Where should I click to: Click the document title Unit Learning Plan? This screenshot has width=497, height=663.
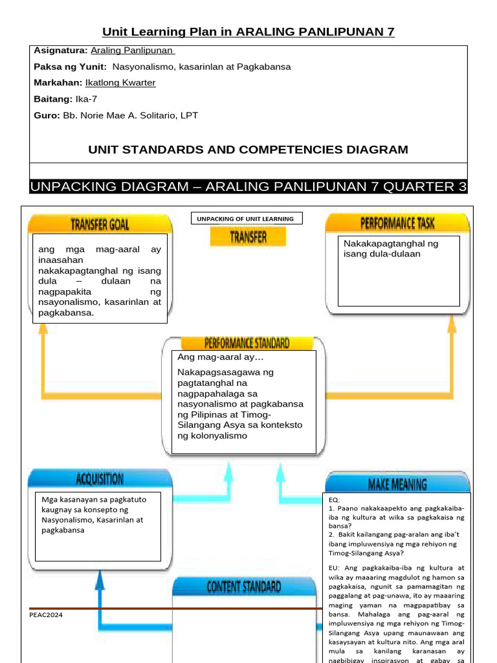(248, 32)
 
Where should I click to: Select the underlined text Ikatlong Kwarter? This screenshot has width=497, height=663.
(120, 83)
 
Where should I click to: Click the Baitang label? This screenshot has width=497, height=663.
(52, 99)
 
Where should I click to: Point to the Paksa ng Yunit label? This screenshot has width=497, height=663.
(71, 67)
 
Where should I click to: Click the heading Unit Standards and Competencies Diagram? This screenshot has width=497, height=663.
(248, 150)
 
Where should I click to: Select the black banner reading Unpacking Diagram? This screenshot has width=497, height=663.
(248, 187)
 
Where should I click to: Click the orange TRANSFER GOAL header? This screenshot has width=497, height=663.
(100, 225)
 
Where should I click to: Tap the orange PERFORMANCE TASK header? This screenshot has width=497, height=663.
(397, 224)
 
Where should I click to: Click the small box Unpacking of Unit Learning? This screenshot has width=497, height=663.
(247, 219)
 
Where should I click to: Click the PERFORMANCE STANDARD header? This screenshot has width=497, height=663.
(247, 343)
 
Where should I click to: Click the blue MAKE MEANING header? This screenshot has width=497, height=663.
(397, 484)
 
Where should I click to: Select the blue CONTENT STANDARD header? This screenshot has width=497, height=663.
(243, 587)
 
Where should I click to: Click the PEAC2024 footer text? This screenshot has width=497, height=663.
(46, 615)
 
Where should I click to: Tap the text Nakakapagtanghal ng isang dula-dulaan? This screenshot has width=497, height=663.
(390, 249)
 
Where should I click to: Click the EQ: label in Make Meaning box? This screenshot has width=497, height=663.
(334, 500)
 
